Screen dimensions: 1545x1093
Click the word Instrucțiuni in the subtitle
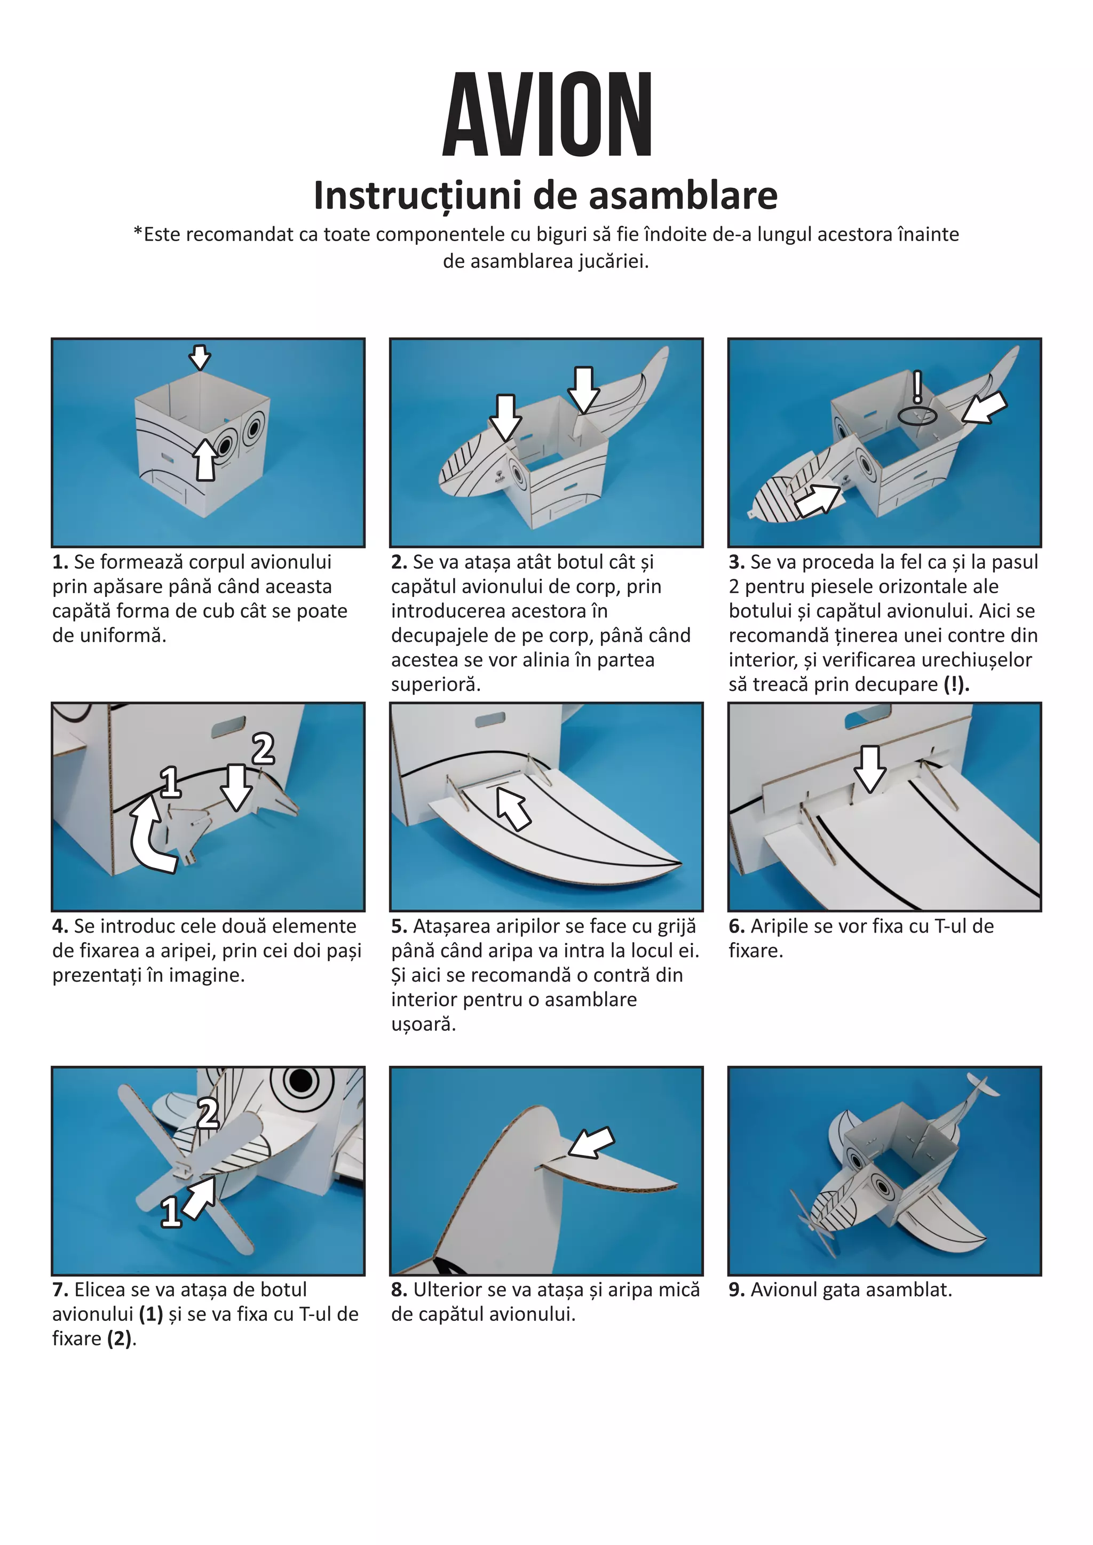[x=417, y=196]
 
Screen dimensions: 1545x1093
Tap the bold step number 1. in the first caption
[x=60, y=562]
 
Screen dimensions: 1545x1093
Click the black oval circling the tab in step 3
[x=917, y=415]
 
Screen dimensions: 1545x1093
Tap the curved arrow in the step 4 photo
[x=149, y=837]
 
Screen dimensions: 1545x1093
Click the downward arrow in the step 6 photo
[x=871, y=768]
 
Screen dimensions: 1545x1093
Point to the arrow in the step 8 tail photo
[x=591, y=1142]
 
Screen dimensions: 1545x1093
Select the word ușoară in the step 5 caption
[x=423, y=1024]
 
